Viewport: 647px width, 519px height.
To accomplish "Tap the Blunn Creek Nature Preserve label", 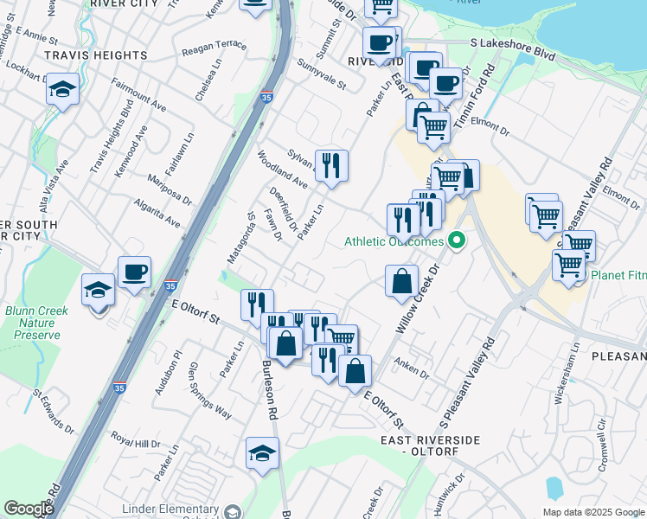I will tap(32, 323).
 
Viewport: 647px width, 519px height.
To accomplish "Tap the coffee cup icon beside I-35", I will tap(134, 272).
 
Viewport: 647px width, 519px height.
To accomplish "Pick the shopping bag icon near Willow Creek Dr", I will tap(401, 282).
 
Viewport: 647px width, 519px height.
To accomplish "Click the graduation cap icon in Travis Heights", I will tap(63, 90).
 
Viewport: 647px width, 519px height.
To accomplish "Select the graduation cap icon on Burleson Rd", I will tap(262, 453).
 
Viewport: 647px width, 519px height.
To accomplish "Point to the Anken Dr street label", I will tap(411, 369).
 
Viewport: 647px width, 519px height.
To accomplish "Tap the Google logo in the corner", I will tap(29, 509).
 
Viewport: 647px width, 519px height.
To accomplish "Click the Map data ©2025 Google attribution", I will tap(593, 512).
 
